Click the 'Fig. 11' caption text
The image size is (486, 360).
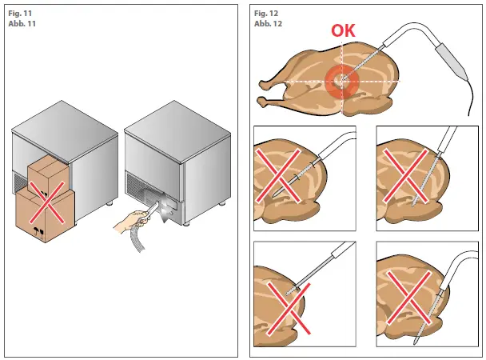tap(21, 14)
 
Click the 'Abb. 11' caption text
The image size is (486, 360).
tap(22, 24)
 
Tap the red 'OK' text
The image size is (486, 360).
tap(345, 31)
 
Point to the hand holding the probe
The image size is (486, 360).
tap(132, 219)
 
